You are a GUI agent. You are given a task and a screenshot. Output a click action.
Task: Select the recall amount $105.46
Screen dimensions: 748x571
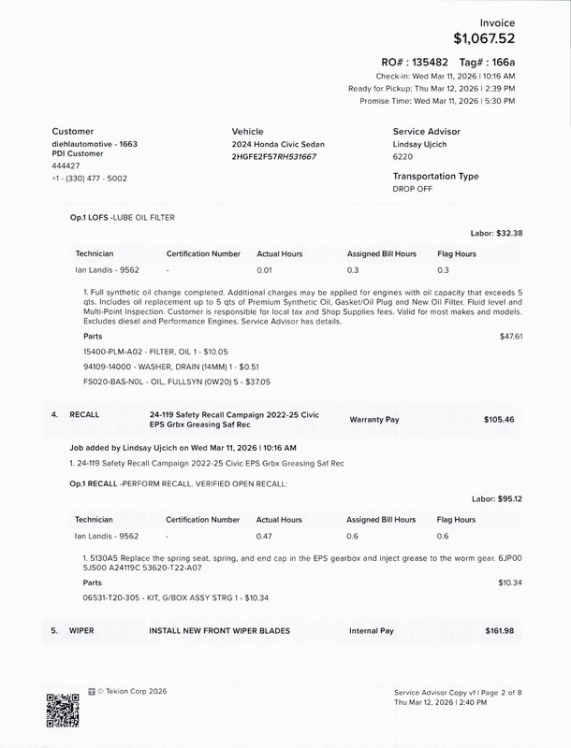[x=499, y=420]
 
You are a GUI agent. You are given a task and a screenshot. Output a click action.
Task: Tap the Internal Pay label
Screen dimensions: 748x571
[x=373, y=631]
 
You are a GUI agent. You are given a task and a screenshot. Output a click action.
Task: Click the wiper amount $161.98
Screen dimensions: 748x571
[x=500, y=631]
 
